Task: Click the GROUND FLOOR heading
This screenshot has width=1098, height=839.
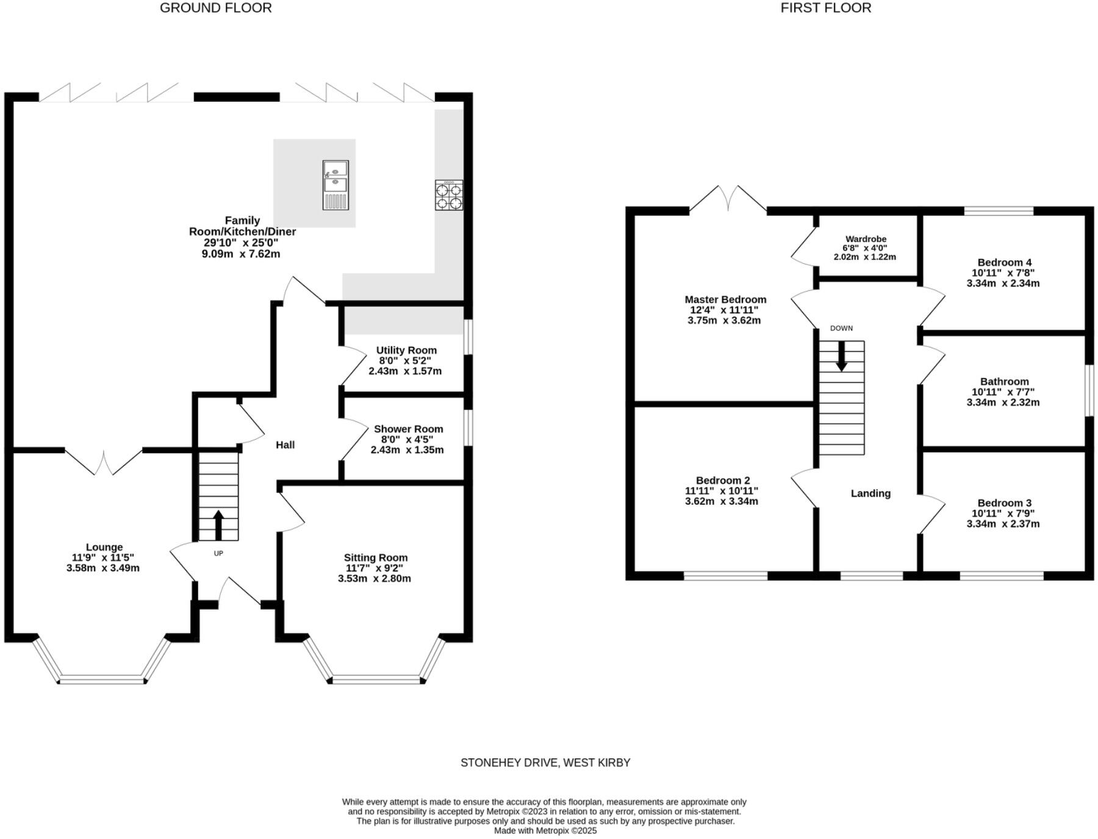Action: click(215, 8)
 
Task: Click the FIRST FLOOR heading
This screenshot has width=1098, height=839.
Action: click(825, 8)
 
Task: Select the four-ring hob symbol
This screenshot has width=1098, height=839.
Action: click(448, 195)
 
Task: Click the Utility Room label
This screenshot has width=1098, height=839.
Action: click(406, 350)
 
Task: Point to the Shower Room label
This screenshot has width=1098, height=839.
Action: click(408, 429)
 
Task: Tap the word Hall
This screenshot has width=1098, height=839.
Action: click(285, 445)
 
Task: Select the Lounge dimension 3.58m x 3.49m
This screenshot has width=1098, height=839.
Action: click(103, 568)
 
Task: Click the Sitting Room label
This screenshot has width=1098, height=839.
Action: click(375, 557)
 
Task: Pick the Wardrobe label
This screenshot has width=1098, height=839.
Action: click(866, 239)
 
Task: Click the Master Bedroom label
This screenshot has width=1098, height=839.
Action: click(725, 299)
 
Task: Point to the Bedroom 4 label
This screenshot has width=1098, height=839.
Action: click(1004, 263)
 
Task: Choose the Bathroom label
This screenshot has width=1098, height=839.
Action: click(1004, 382)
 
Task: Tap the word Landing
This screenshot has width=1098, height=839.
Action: click(870, 493)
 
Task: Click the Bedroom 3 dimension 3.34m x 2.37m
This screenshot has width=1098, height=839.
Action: click(1003, 524)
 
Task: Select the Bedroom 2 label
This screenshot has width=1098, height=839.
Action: click(723, 480)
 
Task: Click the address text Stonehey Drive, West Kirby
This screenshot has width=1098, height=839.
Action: click(545, 763)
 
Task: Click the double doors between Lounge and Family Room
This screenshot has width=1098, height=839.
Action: click(104, 461)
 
